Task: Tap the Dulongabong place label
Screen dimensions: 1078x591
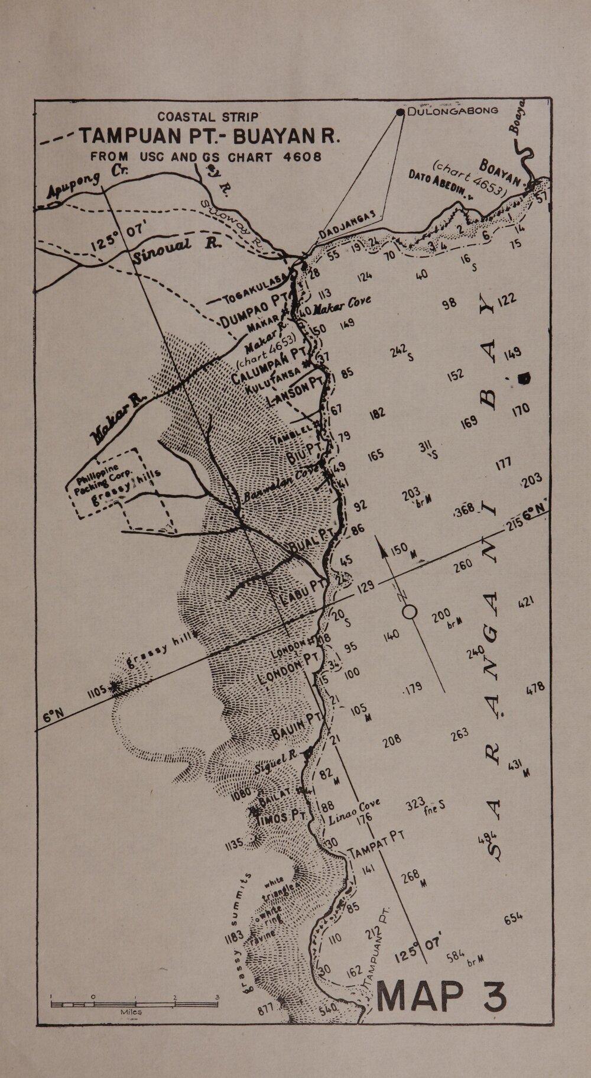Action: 452,111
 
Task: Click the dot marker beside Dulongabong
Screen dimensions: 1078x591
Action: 401,112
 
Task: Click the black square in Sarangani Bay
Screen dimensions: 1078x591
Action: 523,378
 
